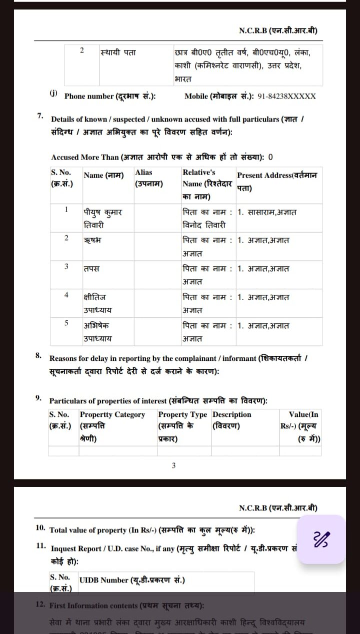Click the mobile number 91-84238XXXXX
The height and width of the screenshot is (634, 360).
[x=286, y=96]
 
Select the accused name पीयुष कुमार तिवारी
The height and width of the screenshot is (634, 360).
[x=103, y=218]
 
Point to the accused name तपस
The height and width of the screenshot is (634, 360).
[x=91, y=268]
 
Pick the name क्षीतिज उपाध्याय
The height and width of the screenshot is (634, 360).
[x=98, y=303]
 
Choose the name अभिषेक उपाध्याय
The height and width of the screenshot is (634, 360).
[x=98, y=332]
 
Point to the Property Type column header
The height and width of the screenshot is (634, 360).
[x=182, y=426]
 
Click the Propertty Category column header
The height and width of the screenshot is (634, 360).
[x=112, y=426]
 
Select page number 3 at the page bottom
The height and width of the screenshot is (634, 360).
[x=173, y=465]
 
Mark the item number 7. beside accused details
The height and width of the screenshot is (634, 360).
[x=40, y=116]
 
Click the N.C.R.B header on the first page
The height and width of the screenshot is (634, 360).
[x=278, y=31]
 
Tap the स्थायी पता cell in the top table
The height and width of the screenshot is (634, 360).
[x=118, y=52]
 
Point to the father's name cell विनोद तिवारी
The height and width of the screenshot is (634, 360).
[x=204, y=225]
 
